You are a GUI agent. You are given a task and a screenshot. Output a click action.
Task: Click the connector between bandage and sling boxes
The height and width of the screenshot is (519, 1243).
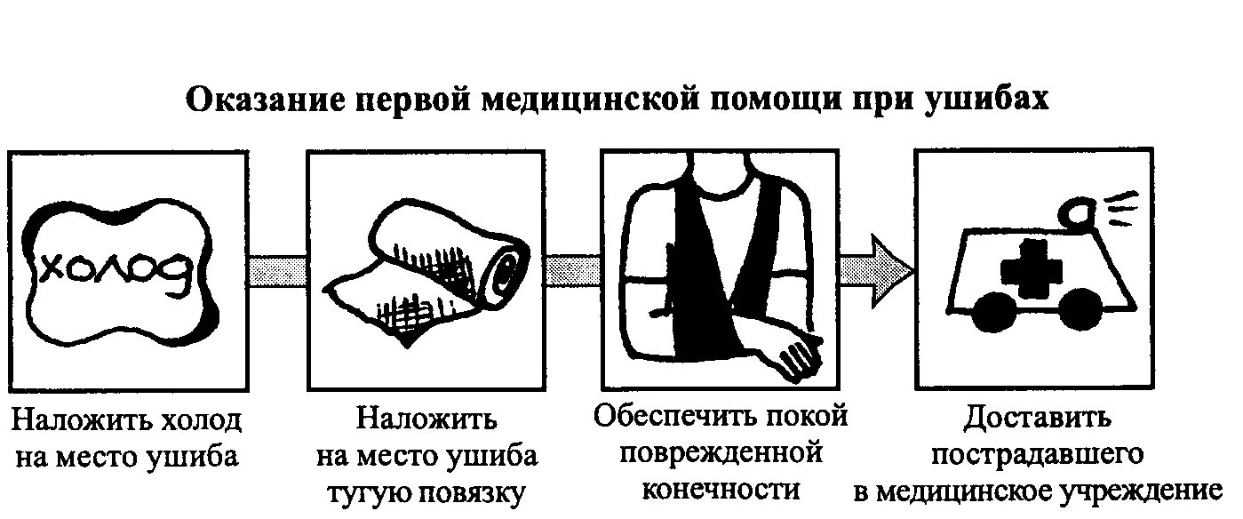click(x=572, y=270)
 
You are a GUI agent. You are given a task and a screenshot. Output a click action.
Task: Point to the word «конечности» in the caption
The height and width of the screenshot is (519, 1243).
click(x=721, y=490)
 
